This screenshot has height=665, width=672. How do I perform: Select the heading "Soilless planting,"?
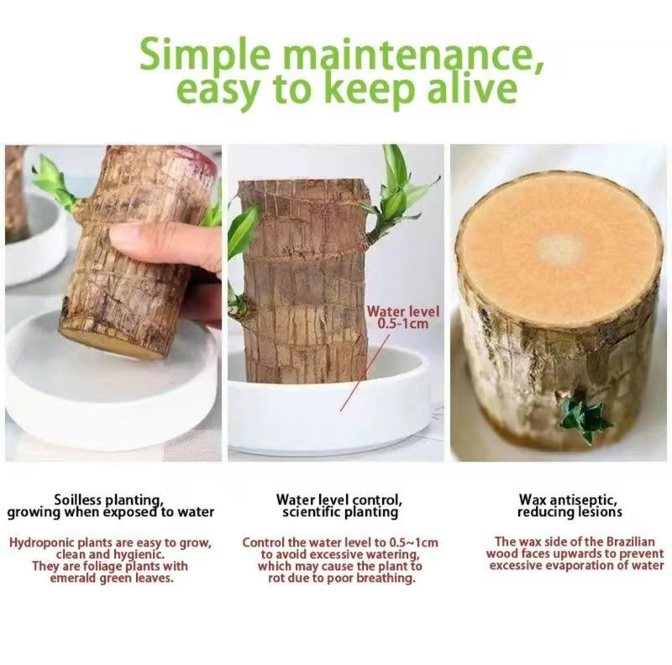(109, 499)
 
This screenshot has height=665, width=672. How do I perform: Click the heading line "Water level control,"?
(339, 499)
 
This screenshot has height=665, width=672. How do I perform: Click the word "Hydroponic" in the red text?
(41, 542)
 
